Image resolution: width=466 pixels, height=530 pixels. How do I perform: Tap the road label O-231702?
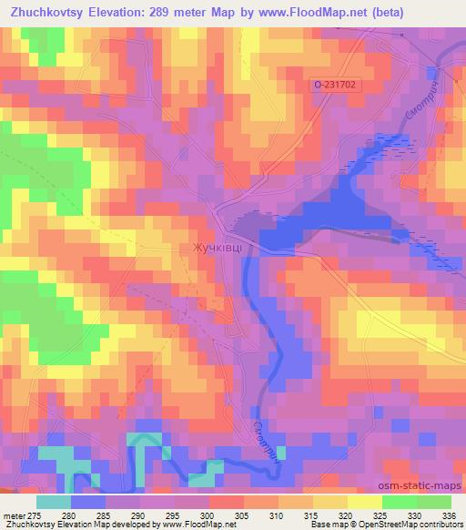click(x=333, y=84)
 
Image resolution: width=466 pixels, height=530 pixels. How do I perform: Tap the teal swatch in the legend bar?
click(x=54, y=502)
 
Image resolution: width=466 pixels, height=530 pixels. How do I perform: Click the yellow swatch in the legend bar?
click(x=365, y=502)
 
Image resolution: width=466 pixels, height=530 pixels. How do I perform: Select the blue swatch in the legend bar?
click(x=88, y=502)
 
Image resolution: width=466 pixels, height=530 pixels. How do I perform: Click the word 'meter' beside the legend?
click(x=12, y=515)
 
